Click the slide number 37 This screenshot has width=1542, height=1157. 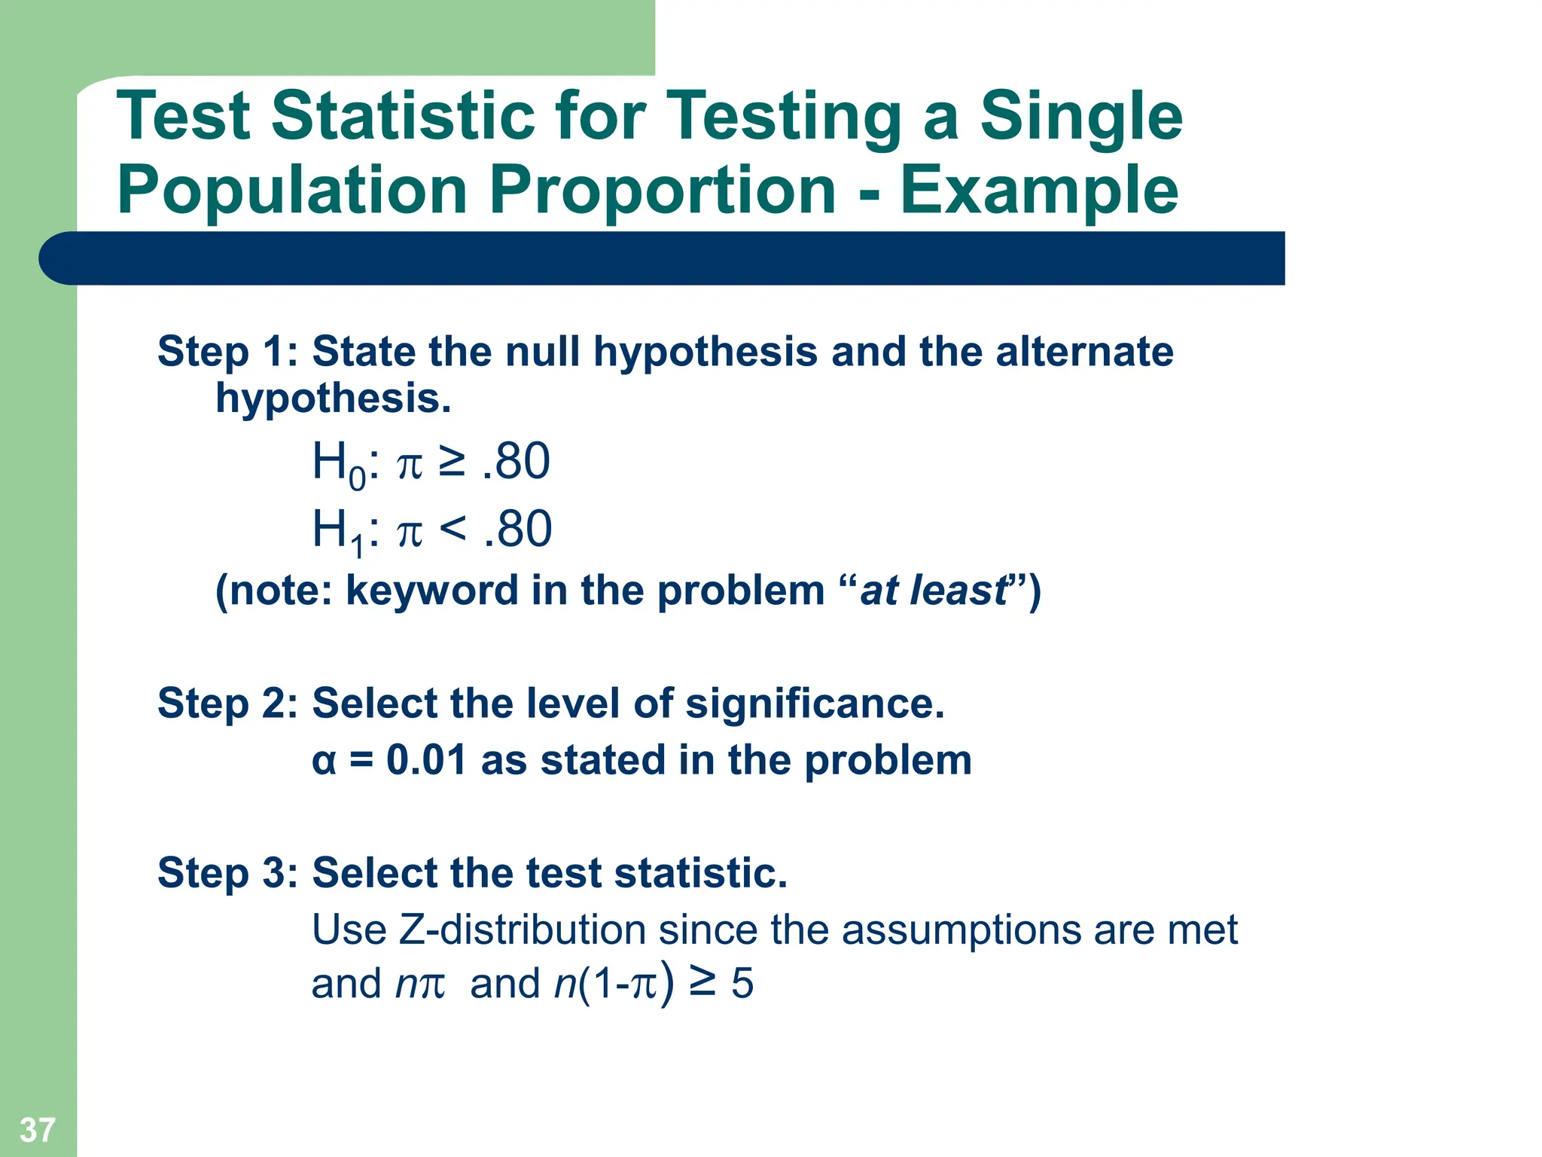point(37,1130)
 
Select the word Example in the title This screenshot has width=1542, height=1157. point(1039,191)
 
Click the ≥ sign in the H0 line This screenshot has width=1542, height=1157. point(452,462)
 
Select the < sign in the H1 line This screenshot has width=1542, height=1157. point(453,528)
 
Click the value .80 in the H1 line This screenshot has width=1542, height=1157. point(518,528)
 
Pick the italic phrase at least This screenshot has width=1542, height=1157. point(932,590)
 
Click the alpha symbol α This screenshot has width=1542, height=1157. point(324,761)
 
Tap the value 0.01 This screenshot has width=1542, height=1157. point(426,759)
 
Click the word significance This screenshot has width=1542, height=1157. point(814,703)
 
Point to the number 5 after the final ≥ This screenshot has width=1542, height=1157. point(742,984)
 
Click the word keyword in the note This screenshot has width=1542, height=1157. point(431,590)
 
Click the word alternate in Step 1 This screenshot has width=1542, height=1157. point(1083,351)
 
